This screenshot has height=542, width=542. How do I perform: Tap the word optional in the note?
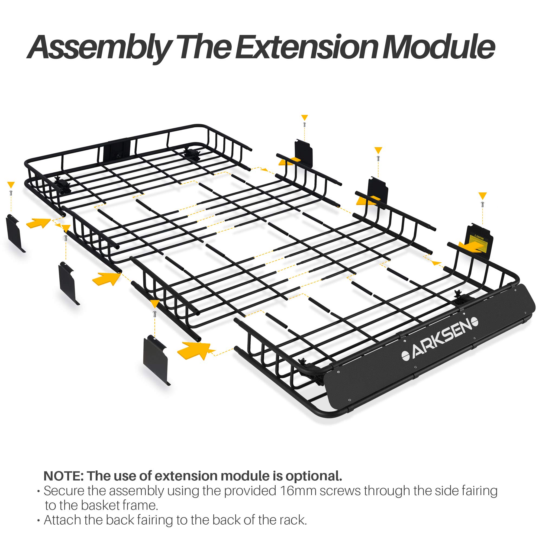pyautogui.click(x=313, y=476)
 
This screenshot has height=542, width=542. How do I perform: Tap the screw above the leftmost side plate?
pyautogui.click(x=11, y=193)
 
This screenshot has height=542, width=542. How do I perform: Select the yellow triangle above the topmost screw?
pyautogui.click(x=304, y=118)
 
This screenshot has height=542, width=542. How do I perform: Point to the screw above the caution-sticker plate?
pyautogui.click(x=482, y=205)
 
